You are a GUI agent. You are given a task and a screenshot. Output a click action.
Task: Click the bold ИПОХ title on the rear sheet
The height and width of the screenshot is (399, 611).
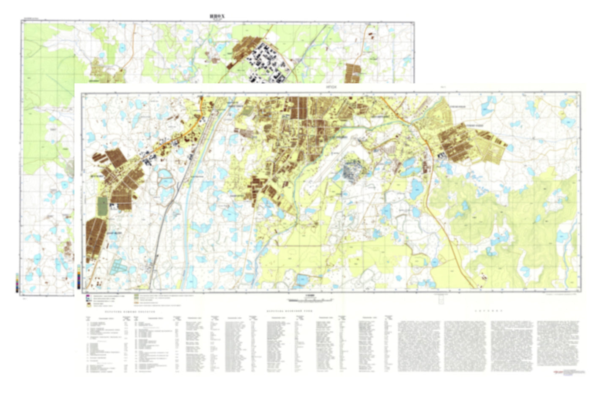(x=217, y=16)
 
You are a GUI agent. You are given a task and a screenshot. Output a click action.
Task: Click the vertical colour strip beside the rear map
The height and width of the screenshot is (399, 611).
(x=17, y=283)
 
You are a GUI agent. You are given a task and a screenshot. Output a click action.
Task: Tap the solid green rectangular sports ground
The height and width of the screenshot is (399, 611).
(x=102, y=205)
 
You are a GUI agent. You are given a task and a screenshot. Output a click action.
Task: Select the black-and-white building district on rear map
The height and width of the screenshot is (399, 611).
(x=264, y=63)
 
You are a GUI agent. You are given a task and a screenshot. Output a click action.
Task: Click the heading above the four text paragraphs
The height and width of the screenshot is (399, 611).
(x=488, y=311)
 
